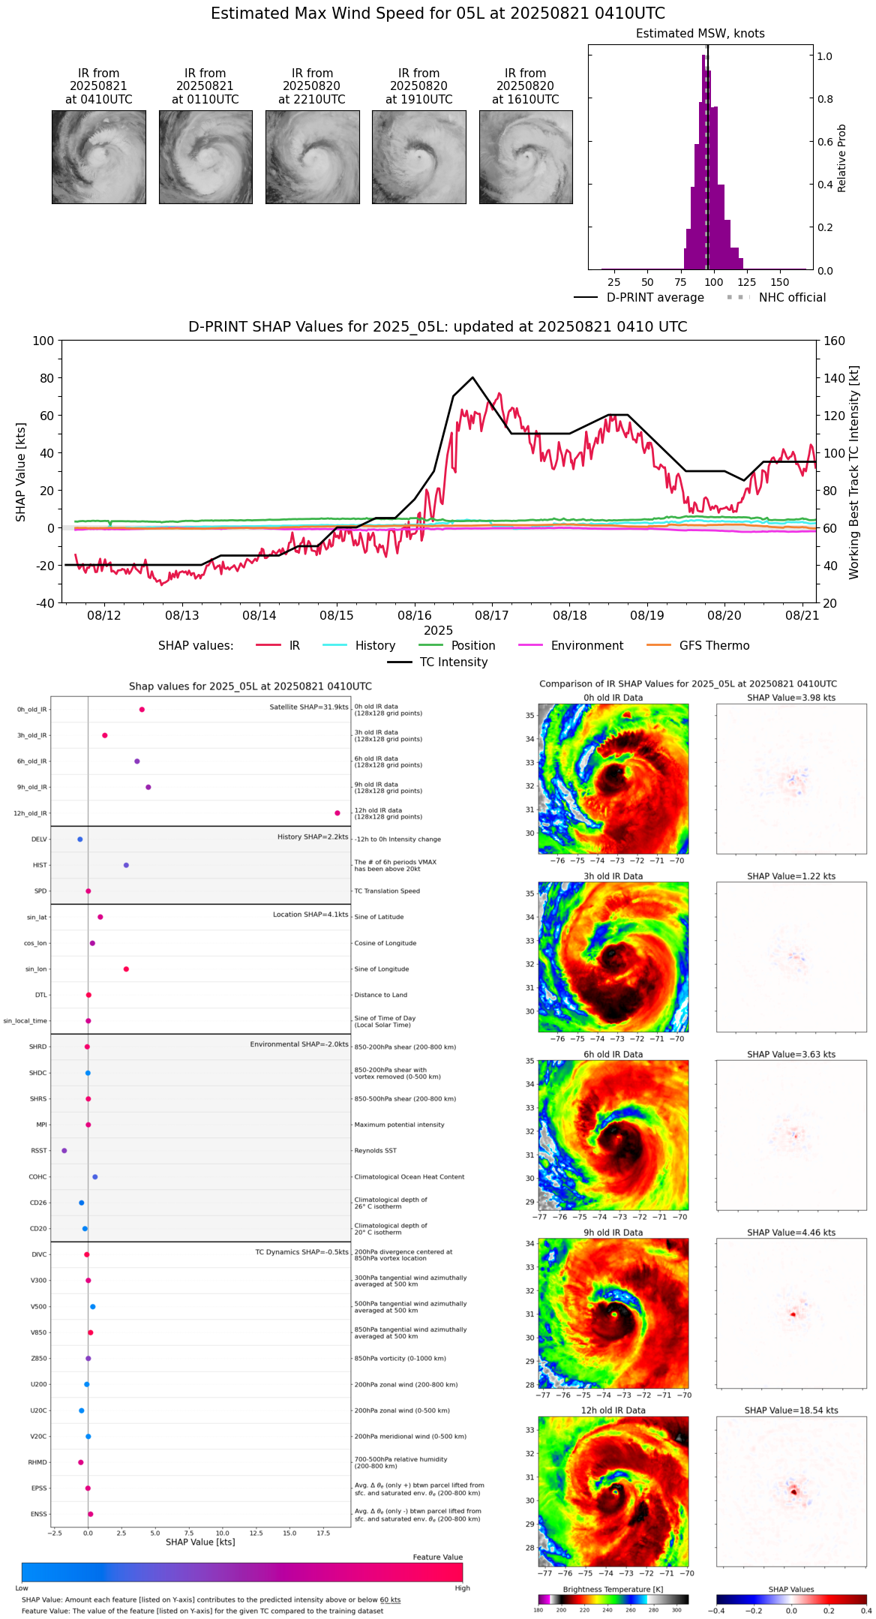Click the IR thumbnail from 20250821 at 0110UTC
[x=205, y=157]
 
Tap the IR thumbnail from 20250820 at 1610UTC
[x=526, y=157]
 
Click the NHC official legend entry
[x=776, y=298]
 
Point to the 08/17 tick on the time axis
[x=492, y=615]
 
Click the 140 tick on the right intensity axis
[x=834, y=378]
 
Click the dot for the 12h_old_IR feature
[x=337, y=813]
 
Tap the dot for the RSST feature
[x=64, y=1151]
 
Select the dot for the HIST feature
[x=126, y=865]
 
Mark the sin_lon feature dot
[x=126, y=969]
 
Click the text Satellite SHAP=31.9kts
[x=309, y=707]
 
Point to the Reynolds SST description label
[x=376, y=1151]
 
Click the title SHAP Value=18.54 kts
[x=791, y=1410]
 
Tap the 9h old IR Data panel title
[x=613, y=1233]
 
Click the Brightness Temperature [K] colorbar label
[x=613, y=1589]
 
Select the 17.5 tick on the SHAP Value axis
[x=323, y=1533]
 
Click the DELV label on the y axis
[x=39, y=840]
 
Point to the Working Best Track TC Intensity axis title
[x=854, y=473]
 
